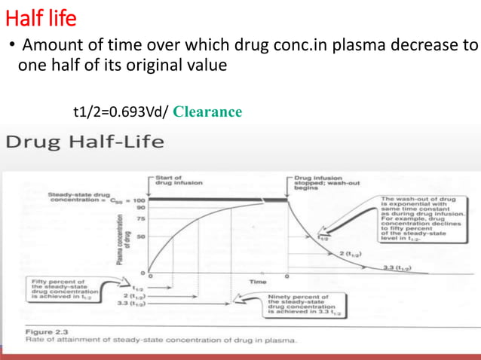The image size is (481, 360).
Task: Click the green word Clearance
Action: (207, 112)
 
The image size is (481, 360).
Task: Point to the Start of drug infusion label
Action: (175, 180)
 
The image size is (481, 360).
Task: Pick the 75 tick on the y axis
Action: (140, 218)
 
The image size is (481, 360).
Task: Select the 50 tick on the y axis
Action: (140, 236)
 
